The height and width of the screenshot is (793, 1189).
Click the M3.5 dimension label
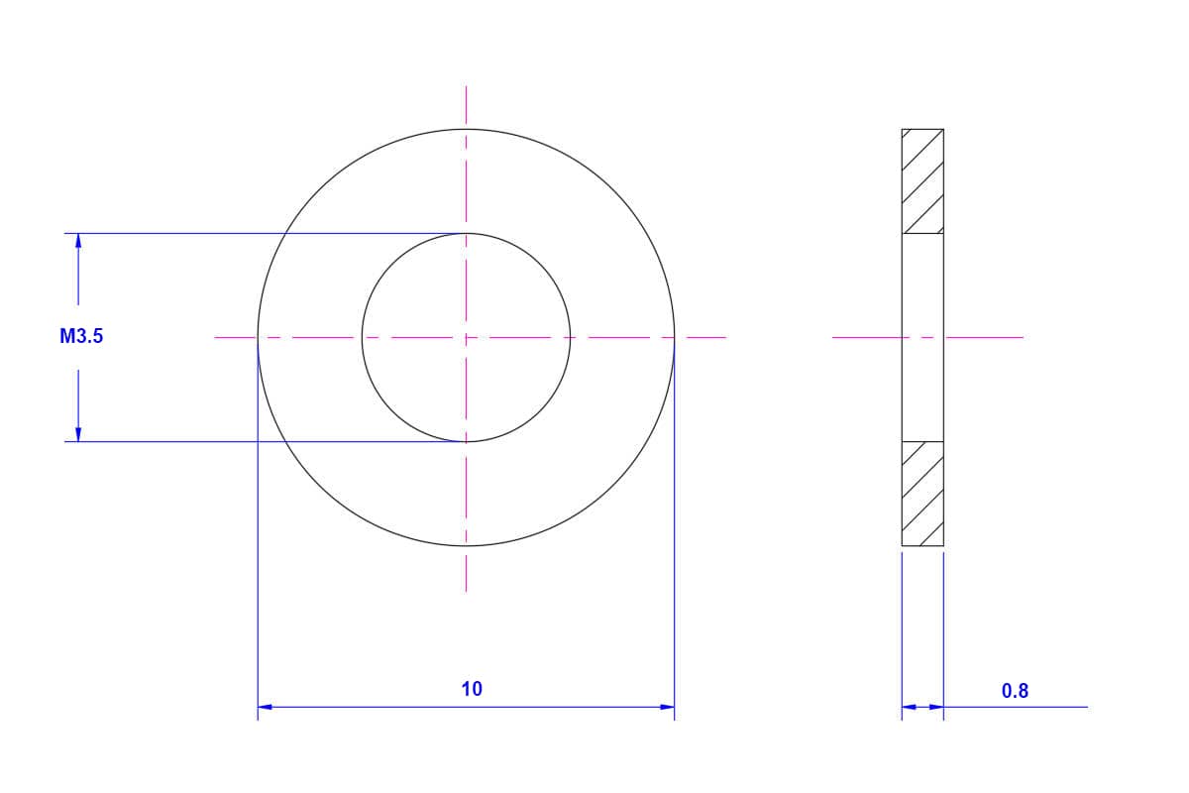tap(81, 336)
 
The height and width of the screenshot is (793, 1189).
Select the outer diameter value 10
tap(472, 689)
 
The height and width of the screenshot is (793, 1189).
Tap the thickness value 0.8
tap(1015, 691)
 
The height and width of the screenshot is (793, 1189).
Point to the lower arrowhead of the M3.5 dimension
tap(78, 434)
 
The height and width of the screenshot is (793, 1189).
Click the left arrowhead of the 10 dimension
tap(265, 707)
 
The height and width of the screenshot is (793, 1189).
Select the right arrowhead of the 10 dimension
tap(667, 707)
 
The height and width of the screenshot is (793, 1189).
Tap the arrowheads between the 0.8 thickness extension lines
tap(922, 707)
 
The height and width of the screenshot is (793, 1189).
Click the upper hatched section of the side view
tap(922, 181)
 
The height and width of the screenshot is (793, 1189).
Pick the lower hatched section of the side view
tap(922, 494)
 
